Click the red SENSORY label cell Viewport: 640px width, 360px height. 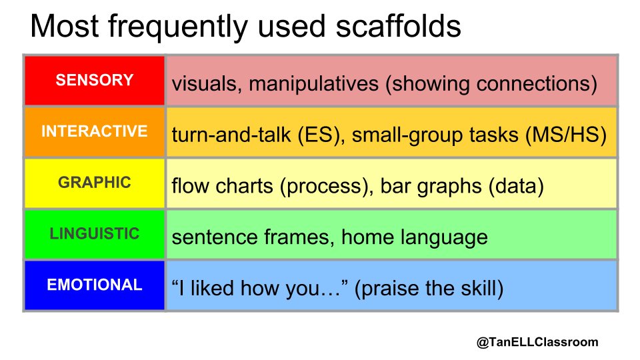(95, 81)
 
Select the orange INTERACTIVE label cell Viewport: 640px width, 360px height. (95, 131)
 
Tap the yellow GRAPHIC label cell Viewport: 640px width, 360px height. (95, 183)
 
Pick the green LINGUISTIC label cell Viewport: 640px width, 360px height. (95, 234)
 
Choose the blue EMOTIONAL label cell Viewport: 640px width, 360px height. (95, 285)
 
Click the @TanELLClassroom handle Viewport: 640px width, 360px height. (537, 342)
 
